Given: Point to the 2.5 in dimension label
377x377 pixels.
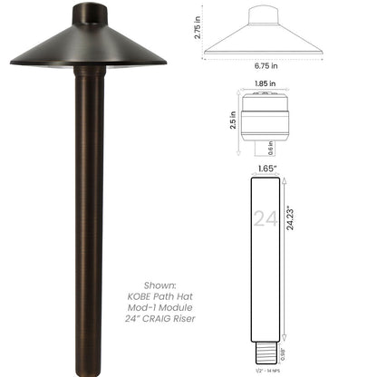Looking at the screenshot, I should [232, 120].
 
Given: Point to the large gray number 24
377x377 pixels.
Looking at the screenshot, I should [265, 218].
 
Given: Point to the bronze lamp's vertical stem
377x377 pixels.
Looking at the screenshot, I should [89, 208].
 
